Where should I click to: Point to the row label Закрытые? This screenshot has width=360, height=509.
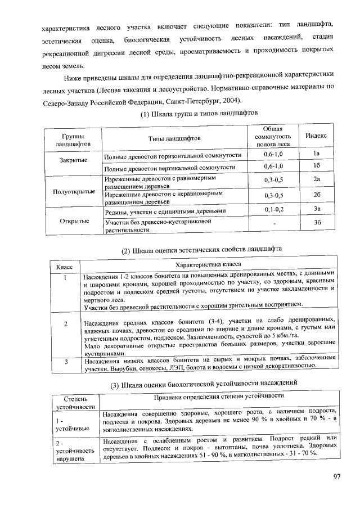[x=73, y=160]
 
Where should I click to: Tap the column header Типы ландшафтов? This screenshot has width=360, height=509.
[x=174, y=138]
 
